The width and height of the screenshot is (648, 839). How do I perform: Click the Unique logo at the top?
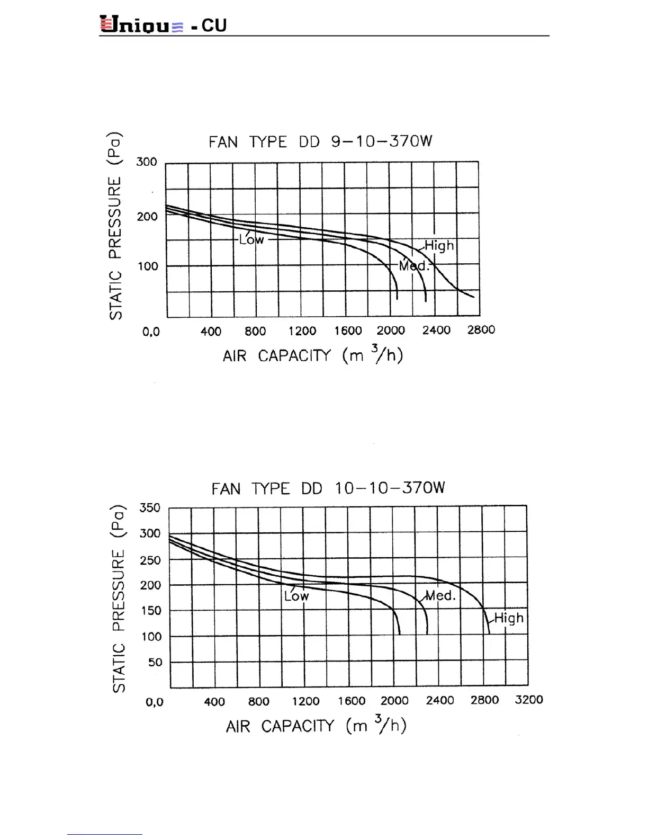click(142, 25)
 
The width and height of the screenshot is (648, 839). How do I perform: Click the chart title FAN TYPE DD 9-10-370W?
click(320, 141)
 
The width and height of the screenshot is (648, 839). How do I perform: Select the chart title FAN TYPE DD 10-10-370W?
click(328, 488)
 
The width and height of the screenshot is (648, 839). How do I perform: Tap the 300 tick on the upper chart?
click(147, 162)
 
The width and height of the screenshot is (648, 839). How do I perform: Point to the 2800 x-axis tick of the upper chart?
click(481, 330)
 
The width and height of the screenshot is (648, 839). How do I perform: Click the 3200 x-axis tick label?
click(528, 700)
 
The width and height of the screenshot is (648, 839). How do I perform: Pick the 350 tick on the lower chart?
click(150, 507)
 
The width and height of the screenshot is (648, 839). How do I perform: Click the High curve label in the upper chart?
click(439, 245)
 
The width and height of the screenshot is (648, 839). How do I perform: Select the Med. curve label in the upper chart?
click(414, 265)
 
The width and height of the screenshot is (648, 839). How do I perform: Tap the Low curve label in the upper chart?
click(251, 239)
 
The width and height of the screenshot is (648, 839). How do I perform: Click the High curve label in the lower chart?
click(509, 618)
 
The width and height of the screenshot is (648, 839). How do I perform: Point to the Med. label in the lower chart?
click(440, 595)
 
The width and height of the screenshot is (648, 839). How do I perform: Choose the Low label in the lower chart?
click(296, 596)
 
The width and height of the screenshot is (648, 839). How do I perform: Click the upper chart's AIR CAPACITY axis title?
click(312, 355)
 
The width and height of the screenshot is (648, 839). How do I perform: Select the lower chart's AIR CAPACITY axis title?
click(316, 725)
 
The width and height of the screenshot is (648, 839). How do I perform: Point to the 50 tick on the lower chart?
click(155, 662)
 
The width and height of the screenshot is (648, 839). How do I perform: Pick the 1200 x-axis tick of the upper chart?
click(302, 331)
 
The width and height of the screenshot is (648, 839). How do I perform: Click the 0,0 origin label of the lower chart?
click(155, 702)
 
